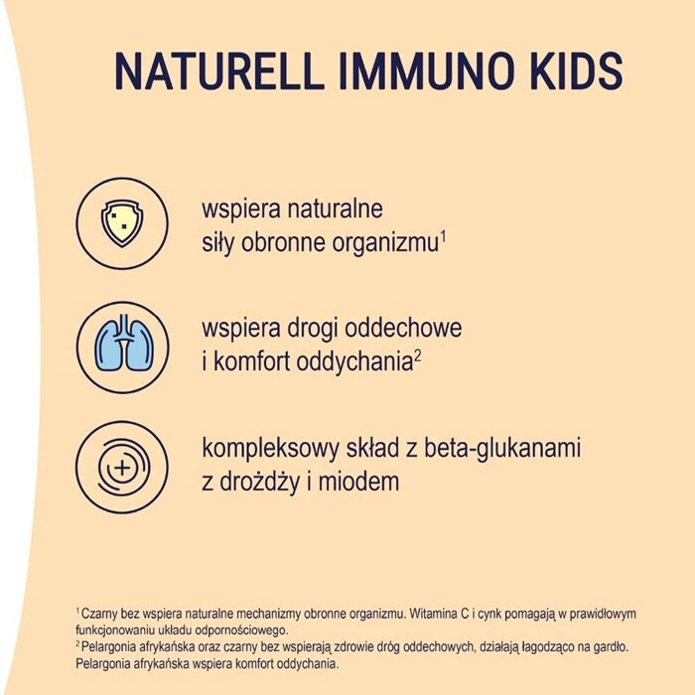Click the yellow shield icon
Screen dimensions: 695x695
click(x=121, y=224)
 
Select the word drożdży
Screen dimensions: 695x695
click(x=260, y=483)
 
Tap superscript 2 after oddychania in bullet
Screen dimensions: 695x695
click(x=419, y=353)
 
